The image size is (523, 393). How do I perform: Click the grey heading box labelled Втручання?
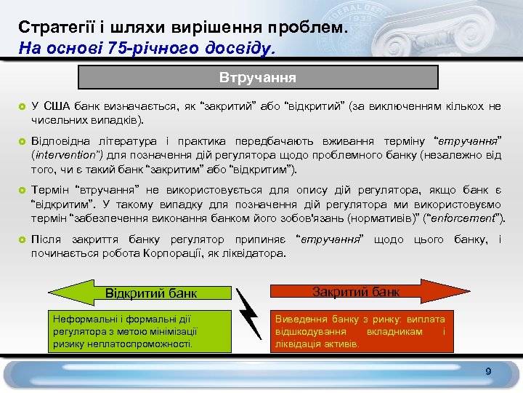coord(258,77)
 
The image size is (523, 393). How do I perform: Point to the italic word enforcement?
coord(465,218)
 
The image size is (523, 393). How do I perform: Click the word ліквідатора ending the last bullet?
coord(257,253)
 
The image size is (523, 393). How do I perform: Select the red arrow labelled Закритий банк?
coord(356,292)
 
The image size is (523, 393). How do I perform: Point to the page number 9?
coord(488,372)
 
